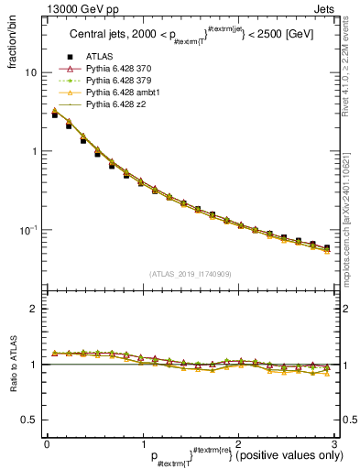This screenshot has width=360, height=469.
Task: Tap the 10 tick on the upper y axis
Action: point(31,72)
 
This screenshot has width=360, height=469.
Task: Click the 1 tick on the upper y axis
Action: point(34,151)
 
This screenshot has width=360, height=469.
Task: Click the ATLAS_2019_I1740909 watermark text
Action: point(190,274)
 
